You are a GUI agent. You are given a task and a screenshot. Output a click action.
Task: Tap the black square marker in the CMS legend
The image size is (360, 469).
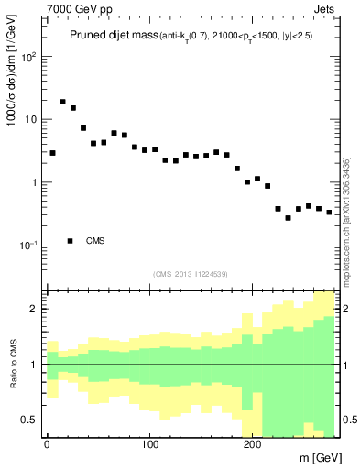[x=71, y=241]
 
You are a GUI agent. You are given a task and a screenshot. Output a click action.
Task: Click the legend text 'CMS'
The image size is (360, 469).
[x=95, y=241]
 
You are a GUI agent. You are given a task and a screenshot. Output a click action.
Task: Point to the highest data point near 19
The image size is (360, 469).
[x=63, y=102]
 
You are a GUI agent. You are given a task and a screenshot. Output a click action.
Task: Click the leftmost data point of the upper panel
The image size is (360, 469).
[x=52, y=153]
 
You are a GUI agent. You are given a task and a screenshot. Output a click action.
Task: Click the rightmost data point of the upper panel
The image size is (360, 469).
[x=329, y=212]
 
